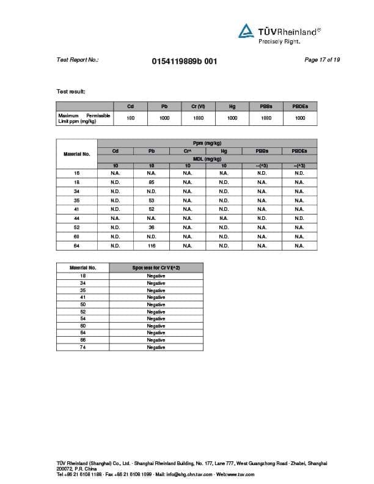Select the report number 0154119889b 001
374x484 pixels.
pos(183,61)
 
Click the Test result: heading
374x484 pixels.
pos(71,92)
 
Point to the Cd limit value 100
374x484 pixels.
pos(131,118)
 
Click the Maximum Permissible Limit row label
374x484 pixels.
pos(84,118)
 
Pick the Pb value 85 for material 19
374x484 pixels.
pos(152,182)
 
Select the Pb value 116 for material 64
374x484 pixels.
pos(152,246)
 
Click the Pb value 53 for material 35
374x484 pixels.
pos(152,200)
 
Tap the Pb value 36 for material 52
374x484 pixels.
pos(152,227)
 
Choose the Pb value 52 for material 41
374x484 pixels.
pos(152,209)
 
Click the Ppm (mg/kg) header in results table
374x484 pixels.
pos(207,143)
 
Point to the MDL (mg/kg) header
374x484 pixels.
pos(207,159)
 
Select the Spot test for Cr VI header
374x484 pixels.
pos(156,268)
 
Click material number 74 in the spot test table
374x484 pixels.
pos(82,347)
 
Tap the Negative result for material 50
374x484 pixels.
pos(156,304)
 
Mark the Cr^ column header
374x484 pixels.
pos(188,151)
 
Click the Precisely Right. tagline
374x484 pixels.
pos(279,41)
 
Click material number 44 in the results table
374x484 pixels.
pos(76,218)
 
